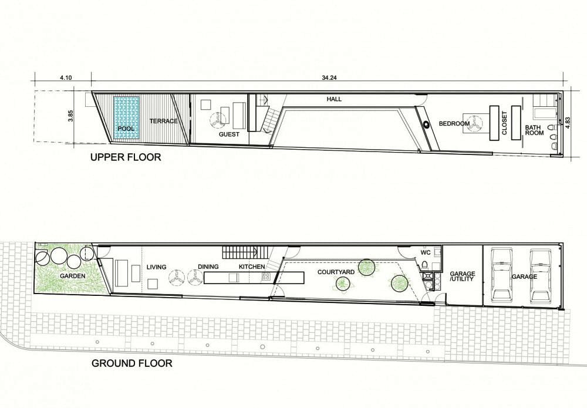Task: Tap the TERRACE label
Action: click(x=164, y=121)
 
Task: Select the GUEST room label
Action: click(x=229, y=134)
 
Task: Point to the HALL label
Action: click(x=334, y=99)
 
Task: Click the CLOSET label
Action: click(x=504, y=123)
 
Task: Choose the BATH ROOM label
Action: click(x=534, y=130)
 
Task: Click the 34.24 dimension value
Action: click(x=328, y=78)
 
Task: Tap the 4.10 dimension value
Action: click(x=66, y=78)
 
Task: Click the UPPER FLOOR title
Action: click(x=126, y=157)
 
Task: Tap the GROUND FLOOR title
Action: click(x=132, y=363)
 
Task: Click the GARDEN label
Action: click(x=73, y=277)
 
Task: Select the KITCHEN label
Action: click(x=252, y=267)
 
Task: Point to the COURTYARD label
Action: click(x=336, y=272)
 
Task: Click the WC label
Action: click(x=426, y=252)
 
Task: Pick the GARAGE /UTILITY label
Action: click(x=463, y=277)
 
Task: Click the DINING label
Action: click(x=208, y=267)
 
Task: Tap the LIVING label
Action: click(x=157, y=267)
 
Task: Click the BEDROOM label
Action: click(x=454, y=123)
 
